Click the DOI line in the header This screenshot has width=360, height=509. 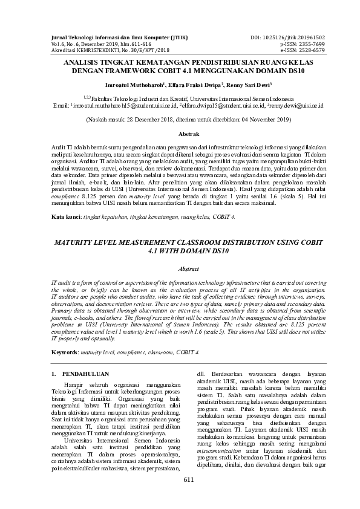click(x=288, y=38)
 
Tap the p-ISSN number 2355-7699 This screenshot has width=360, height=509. click(x=309, y=45)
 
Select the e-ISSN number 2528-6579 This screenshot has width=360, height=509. click(x=309, y=51)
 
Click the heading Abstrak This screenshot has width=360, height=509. click(x=180, y=133)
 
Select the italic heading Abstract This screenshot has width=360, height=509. click(x=180, y=270)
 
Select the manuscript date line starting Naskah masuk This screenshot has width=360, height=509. click(x=180, y=120)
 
